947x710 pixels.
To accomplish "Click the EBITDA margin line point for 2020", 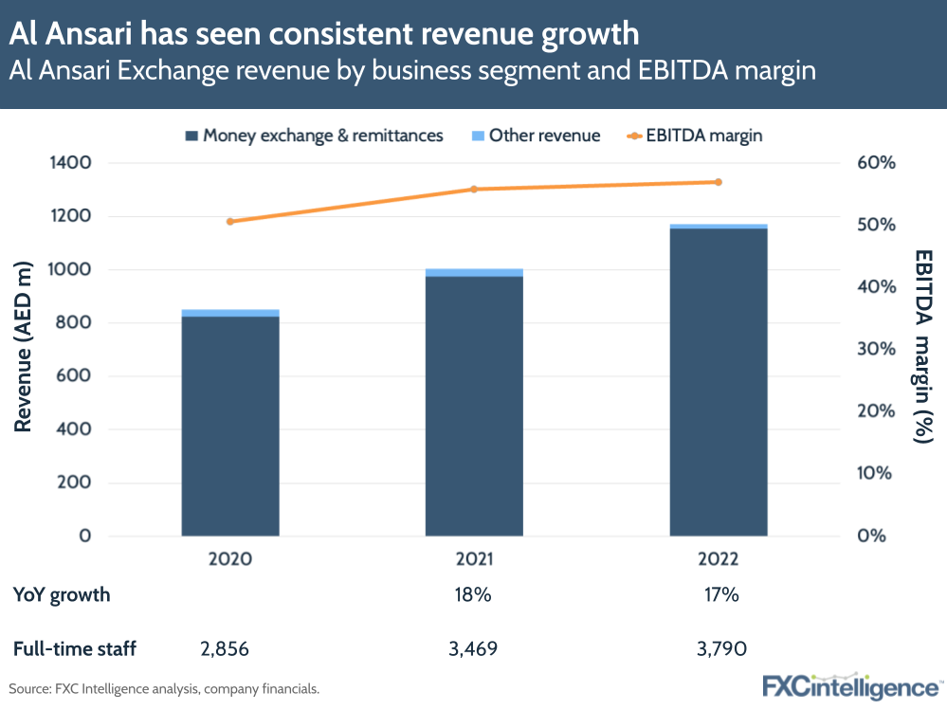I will click(x=230, y=222).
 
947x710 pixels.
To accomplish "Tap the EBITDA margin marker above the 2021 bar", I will click(x=474, y=190).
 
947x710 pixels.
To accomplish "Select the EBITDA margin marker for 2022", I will click(x=719, y=182).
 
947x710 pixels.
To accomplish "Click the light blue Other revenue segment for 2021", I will click(x=474, y=273).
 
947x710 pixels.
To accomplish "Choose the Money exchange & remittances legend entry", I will click(x=313, y=136).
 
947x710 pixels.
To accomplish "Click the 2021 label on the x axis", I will click(x=474, y=559).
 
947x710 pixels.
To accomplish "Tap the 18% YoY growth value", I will click(x=474, y=595).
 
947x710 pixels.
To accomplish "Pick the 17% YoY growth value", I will click(x=719, y=595).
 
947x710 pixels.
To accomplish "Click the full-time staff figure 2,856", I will click(x=230, y=649).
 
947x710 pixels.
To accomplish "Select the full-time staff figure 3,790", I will click(x=719, y=649).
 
